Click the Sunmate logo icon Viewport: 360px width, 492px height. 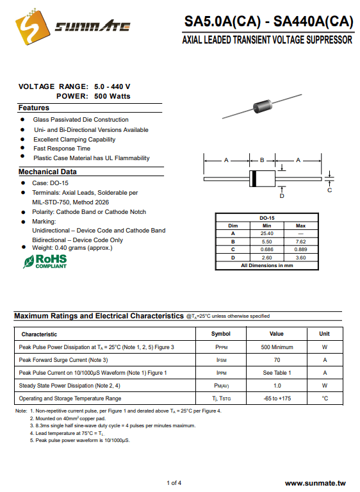(x=33, y=27)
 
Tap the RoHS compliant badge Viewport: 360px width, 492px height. (x=45, y=261)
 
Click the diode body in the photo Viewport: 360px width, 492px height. (x=263, y=106)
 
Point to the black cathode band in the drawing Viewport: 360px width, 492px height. (x=254, y=179)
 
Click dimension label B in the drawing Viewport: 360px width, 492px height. (x=262, y=160)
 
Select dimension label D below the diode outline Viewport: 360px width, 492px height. (x=282, y=196)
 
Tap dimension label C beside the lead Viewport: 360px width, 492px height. (x=329, y=190)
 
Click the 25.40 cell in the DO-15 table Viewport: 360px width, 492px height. (x=266, y=233)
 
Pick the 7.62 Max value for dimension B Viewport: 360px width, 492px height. (x=300, y=242)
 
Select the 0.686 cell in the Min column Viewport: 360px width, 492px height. (x=266, y=249)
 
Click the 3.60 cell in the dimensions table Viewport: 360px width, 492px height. (x=300, y=258)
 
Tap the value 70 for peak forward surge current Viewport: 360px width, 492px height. (x=277, y=360)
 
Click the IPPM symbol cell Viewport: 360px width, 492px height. (x=221, y=373)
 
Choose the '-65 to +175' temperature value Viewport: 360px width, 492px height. (x=277, y=398)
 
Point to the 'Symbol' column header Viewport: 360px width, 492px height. (x=220, y=334)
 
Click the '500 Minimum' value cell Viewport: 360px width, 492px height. (x=277, y=347)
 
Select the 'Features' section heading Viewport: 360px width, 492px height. (x=34, y=108)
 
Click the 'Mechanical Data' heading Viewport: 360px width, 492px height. (x=47, y=172)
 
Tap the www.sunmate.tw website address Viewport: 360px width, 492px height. (x=315, y=484)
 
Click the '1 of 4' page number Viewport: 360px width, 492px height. (x=174, y=483)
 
